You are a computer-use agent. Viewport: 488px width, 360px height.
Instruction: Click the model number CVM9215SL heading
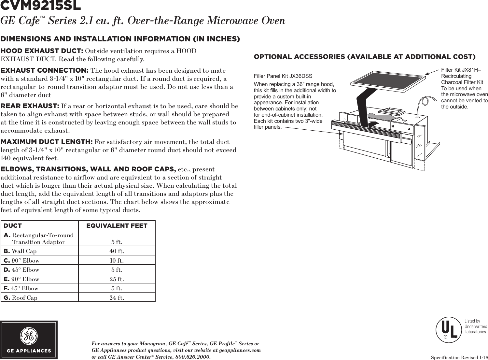point(41,6)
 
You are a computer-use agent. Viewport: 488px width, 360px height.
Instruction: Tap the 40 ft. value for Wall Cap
point(117,251)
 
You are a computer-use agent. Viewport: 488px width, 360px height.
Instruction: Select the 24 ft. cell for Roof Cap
point(117,298)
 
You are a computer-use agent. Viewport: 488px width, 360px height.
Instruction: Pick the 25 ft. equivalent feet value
point(117,279)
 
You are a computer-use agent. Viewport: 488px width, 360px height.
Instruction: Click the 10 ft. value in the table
point(117,261)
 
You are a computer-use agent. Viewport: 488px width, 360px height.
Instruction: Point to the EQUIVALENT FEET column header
point(117,226)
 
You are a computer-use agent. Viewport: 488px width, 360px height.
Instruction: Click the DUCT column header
point(13,226)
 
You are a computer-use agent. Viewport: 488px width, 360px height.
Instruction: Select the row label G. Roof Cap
point(21,298)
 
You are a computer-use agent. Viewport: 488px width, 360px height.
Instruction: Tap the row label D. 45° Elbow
point(21,270)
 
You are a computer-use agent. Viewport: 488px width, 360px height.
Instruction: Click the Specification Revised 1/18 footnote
point(459,357)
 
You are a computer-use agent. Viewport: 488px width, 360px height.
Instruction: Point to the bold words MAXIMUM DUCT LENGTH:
point(47,142)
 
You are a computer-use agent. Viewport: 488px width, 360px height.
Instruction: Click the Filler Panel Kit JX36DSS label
point(283,76)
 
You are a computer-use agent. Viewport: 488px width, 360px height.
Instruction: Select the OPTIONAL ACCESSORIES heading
point(364,57)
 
